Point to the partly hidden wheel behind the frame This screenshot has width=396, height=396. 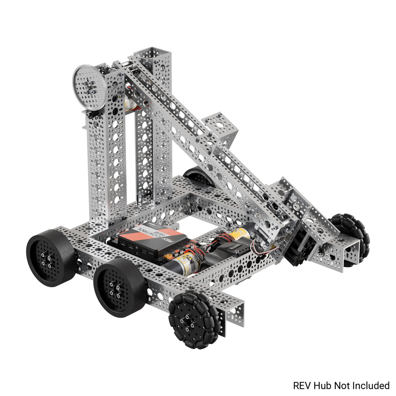tap(199, 176)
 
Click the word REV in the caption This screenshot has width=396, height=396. tap(302, 386)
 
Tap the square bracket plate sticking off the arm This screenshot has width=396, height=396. tap(221, 126)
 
